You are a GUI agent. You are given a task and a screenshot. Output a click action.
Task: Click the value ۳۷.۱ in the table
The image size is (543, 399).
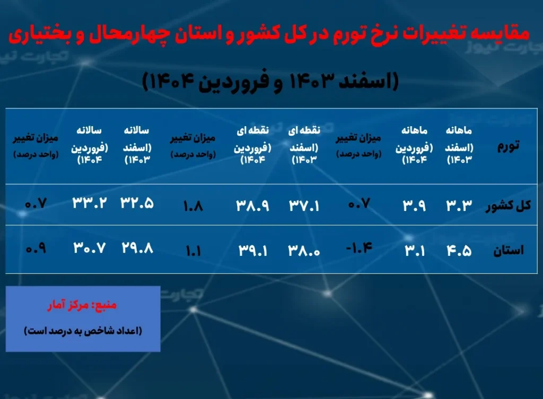coord(304,206)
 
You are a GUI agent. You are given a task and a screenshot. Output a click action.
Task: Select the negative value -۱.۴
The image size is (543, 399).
coord(359,248)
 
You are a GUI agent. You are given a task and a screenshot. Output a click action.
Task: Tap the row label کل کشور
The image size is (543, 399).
coord(508,206)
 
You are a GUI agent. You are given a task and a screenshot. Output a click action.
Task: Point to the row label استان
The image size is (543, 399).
coord(509,250)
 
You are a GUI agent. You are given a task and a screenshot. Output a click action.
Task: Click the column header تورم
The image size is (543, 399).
coord(509,146)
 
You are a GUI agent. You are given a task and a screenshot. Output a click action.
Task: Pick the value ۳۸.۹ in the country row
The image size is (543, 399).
coord(253,206)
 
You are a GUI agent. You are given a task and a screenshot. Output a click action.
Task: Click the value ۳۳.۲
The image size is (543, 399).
coord(90,202)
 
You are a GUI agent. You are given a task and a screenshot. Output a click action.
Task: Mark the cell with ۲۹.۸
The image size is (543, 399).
coord(137,248)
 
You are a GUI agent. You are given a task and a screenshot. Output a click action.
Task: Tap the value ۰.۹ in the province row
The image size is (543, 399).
coord(36,248)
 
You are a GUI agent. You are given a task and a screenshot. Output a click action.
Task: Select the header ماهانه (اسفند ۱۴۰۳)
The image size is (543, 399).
coord(459,145)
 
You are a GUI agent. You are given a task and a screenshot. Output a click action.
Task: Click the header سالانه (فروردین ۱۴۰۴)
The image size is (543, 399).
coord(90,145)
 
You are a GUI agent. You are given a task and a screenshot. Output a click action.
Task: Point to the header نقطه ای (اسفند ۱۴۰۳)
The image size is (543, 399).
coord(304,145)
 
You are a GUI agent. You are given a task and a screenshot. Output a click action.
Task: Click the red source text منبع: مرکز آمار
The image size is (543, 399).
coord(82,305)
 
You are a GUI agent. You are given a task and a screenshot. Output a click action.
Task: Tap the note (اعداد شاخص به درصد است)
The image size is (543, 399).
coord(83,331)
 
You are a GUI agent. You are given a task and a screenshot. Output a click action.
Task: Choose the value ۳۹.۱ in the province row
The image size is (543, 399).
coord(253,251)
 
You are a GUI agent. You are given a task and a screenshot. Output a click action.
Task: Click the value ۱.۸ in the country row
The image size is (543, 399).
coord(193,206)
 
